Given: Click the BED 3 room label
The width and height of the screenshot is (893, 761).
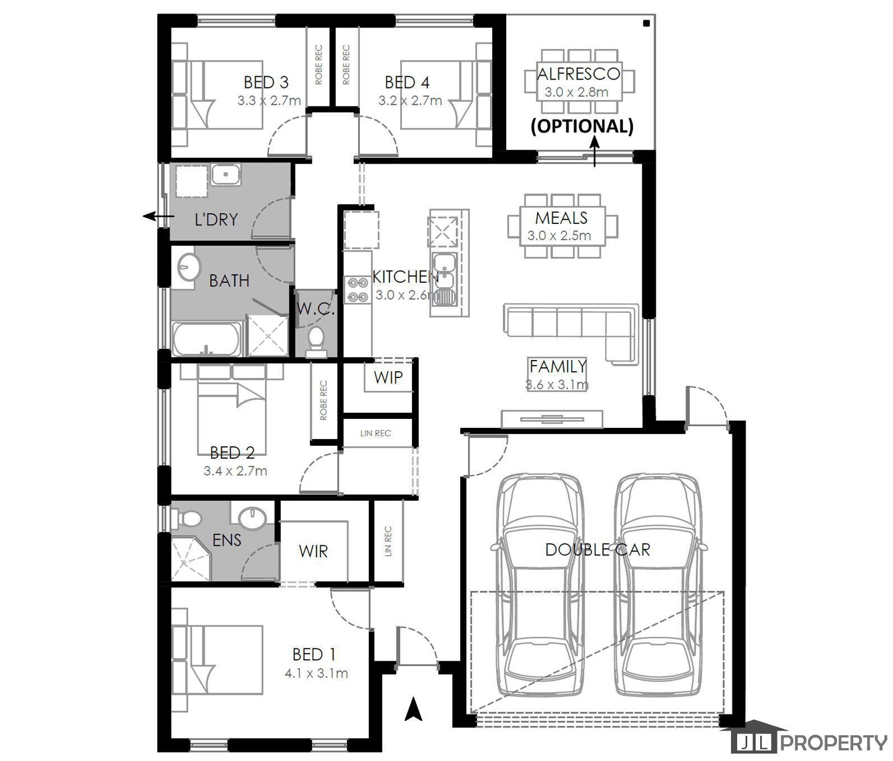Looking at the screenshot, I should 266,82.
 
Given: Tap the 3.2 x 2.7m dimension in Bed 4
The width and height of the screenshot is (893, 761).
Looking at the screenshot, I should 410,101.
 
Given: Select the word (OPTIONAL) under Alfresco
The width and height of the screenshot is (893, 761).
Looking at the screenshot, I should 582,126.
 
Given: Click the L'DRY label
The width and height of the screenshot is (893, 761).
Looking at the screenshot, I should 216,220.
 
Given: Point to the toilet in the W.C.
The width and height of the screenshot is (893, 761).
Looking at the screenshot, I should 316,340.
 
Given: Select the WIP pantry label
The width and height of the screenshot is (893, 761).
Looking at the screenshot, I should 388,377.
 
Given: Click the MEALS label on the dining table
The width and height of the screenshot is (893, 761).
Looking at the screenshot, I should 561,218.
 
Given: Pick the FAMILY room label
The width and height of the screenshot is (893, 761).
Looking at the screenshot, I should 558,366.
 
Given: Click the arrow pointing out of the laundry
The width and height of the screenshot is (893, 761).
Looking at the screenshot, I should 157,216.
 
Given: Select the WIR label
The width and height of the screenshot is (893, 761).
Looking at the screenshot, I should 313,552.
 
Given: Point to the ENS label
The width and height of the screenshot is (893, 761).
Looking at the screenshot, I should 227,540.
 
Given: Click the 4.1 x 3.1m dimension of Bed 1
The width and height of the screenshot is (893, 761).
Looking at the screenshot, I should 316,673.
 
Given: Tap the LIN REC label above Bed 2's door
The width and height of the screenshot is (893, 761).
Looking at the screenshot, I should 375,433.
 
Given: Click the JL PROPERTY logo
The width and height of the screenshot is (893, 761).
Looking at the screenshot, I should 810,743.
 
